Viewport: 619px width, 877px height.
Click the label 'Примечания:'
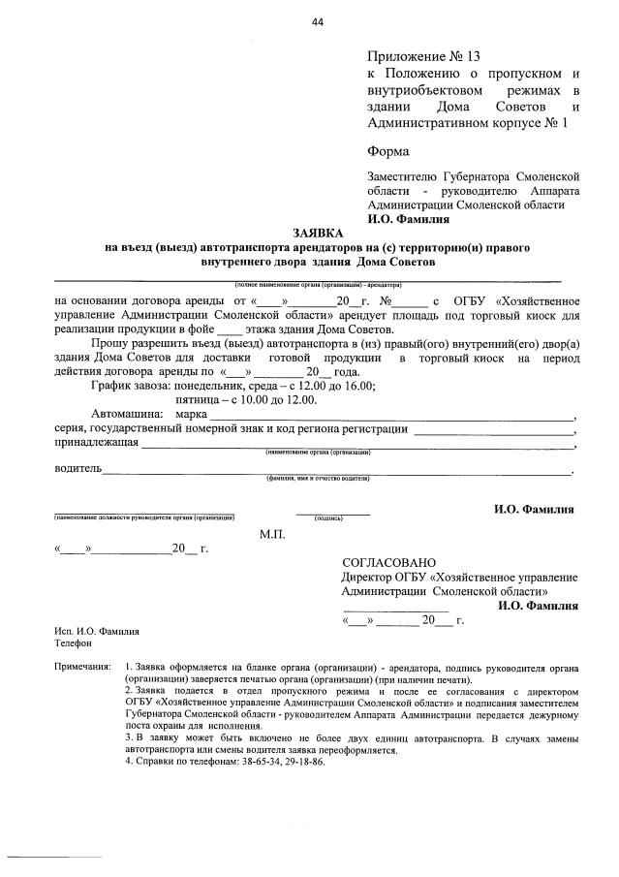tap(83, 670)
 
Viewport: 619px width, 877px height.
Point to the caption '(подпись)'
tap(331, 519)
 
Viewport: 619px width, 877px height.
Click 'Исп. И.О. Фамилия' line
tap(97, 631)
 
